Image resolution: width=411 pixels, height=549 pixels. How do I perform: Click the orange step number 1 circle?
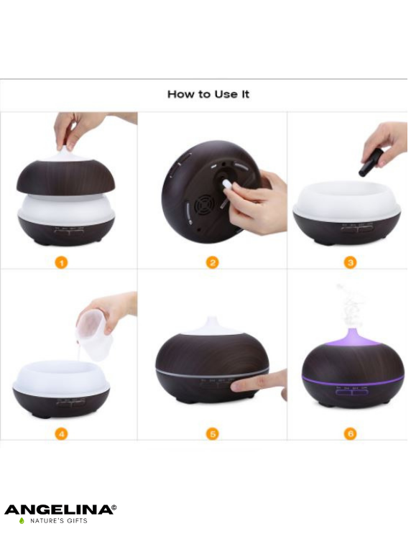61,262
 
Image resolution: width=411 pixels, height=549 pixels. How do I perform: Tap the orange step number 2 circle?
212,262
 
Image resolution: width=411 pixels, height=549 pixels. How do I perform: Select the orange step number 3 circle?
351,262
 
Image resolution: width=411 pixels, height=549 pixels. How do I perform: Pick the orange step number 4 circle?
61,434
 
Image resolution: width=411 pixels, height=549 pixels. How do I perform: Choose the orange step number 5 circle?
213,434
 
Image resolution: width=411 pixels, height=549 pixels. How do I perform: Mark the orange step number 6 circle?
351,434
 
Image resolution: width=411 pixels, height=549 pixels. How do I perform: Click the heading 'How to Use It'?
208,94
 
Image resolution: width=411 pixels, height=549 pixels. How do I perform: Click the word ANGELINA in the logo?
58,509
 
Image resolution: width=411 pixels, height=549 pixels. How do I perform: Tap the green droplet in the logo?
22,521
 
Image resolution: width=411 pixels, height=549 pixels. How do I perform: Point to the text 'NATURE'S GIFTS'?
59,521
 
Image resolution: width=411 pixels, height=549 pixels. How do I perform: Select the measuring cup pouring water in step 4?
93,336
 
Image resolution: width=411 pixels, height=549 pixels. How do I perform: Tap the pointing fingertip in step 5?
238,386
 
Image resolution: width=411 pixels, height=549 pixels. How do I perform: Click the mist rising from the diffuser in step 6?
350,305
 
